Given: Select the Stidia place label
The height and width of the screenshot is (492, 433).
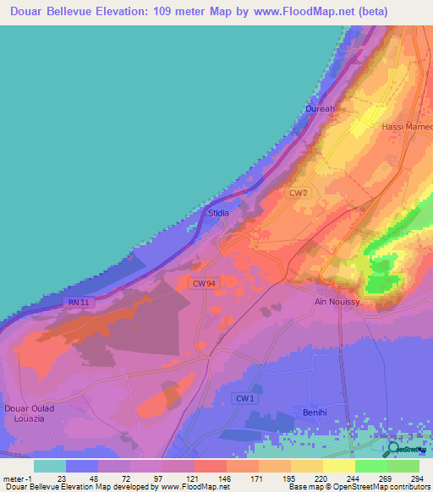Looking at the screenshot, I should [218, 214].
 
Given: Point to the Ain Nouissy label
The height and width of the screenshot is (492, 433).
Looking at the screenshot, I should [337, 301].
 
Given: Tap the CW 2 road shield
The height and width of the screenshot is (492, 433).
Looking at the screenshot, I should [298, 193].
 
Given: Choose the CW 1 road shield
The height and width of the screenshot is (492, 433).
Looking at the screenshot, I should [244, 397].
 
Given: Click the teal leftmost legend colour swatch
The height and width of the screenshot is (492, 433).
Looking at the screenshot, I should [50, 466].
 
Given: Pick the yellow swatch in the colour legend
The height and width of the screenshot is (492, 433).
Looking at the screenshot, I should [339, 466].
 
